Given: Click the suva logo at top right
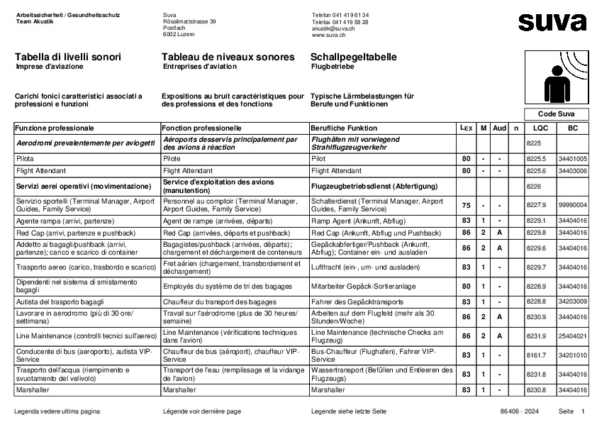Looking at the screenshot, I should (x=552, y=22).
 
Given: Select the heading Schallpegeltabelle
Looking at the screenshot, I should (x=353, y=57).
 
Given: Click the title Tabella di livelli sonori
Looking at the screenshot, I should (x=68, y=57).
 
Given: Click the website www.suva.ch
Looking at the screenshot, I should (x=328, y=34).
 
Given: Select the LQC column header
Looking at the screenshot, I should (x=540, y=128).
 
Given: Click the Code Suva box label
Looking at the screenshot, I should (x=557, y=114).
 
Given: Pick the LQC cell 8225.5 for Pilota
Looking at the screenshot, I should (x=537, y=160).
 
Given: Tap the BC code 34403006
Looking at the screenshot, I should (x=572, y=171).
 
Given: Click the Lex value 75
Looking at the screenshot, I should (x=466, y=205).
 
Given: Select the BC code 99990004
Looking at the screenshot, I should (x=572, y=205).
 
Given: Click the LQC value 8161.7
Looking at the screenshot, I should (x=537, y=355).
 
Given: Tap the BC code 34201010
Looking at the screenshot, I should (x=572, y=355).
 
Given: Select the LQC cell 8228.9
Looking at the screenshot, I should (x=537, y=286).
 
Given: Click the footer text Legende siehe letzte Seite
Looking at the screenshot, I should (x=348, y=411).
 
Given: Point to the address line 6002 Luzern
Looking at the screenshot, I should (x=178, y=34).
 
